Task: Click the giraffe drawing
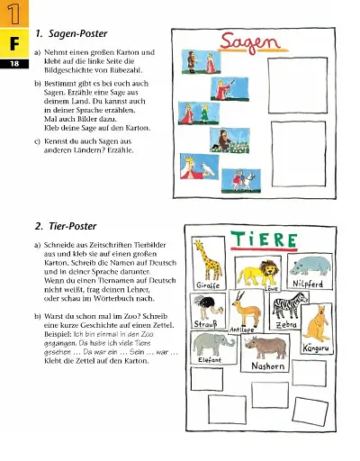tap(211, 262)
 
